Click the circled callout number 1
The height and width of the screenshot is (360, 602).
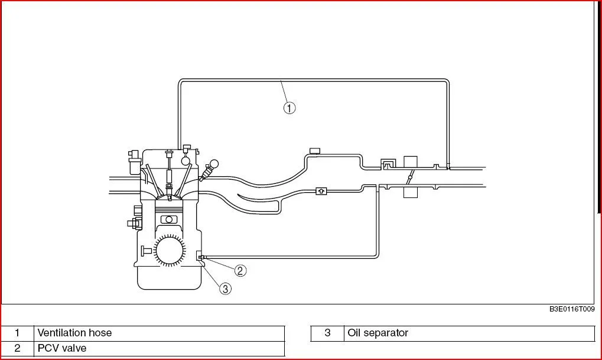coord(289,108)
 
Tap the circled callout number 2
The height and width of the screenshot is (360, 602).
coord(240,271)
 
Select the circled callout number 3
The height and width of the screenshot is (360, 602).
coord(225,288)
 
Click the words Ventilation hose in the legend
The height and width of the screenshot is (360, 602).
coord(74,333)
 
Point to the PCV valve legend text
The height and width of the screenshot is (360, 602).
coord(62,348)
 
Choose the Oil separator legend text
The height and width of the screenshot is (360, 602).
coord(378,333)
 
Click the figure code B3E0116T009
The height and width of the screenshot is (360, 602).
coord(572,309)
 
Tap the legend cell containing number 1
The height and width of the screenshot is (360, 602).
coord(17,333)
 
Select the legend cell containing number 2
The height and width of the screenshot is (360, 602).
coord(17,349)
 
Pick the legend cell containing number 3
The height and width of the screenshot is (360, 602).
coord(327,333)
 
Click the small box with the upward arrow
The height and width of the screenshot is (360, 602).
coord(321,191)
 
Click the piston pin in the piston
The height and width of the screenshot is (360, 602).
coord(169,219)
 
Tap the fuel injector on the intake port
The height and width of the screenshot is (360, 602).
coord(209,170)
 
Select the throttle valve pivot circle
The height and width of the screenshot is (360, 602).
coord(410,177)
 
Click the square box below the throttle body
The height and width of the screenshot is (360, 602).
coord(411,192)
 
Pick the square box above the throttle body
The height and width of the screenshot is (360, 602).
coord(411,162)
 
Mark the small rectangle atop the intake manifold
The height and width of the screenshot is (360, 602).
coord(315,150)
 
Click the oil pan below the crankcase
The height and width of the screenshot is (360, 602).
coord(170,277)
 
